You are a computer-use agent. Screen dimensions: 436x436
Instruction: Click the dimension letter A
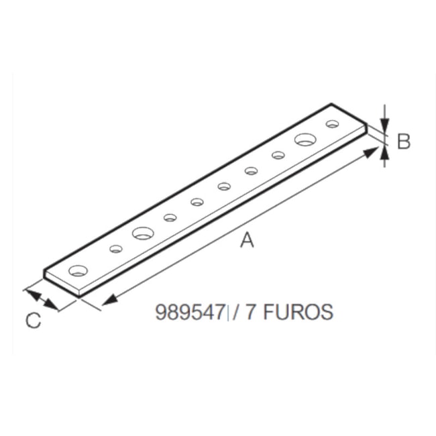pyautogui.click(x=248, y=239)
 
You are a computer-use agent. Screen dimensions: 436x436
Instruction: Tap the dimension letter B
pyautogui.click(x=403, y=142)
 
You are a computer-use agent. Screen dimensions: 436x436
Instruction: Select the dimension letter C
pyautogui.click(x=34, y=320)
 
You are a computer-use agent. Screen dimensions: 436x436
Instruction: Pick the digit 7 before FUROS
pyautogui.click(x=250, y=313)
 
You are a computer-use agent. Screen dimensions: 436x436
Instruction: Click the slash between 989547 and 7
pyautogui.click(x=237, y=313)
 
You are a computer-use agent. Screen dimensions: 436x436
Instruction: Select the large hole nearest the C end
pyautogui.click(x=143, y=233)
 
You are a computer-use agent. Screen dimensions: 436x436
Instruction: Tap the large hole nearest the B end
pyautogui.click(x=305, y=140)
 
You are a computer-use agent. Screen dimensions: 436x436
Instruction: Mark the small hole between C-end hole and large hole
pyautogui.click(x=116, y=249)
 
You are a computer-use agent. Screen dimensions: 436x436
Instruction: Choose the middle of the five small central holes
pyautogui.click(x=224, y=186)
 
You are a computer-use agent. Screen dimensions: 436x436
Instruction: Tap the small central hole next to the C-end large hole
pyautogui.click(x=170, y=217)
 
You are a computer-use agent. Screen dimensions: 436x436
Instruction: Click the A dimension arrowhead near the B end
pyautogui.click(x=372, y=152)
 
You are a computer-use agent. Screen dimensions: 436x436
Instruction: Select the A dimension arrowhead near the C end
pyautogui.click(x=107, y=300)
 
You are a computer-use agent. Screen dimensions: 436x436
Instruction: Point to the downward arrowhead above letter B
pyautogui.click(x=384, y=125)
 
